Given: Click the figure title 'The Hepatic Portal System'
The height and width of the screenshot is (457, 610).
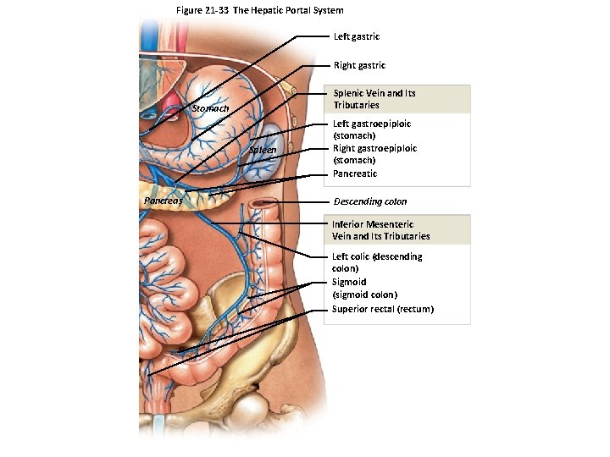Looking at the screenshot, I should tap(289, 10).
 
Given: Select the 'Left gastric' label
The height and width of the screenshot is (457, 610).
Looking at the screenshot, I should tap(357, 36).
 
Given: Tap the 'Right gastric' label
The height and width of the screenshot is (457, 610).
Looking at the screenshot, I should tap(359, 65).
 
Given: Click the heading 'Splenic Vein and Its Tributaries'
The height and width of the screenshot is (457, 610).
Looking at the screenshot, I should tap(374, 98).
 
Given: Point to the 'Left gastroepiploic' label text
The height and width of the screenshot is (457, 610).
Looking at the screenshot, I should tap(371, 124).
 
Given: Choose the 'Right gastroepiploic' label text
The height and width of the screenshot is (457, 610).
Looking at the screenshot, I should tap(374, 148).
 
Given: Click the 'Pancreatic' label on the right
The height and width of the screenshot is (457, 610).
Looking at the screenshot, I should tap(354, 173).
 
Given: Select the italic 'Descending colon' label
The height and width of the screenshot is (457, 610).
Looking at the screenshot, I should tap(369, 201).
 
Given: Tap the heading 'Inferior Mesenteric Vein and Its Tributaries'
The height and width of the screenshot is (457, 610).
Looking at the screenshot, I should tap(380, 230).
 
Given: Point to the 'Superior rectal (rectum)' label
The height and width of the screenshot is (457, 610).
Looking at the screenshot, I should tap(382, 309).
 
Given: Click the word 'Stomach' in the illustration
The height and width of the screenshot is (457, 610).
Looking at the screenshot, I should tap(210, 108).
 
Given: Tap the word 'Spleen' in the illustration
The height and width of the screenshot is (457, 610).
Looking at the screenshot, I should tap(263, 151).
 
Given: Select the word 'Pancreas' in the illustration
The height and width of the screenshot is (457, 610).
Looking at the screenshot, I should tap(162, 201).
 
